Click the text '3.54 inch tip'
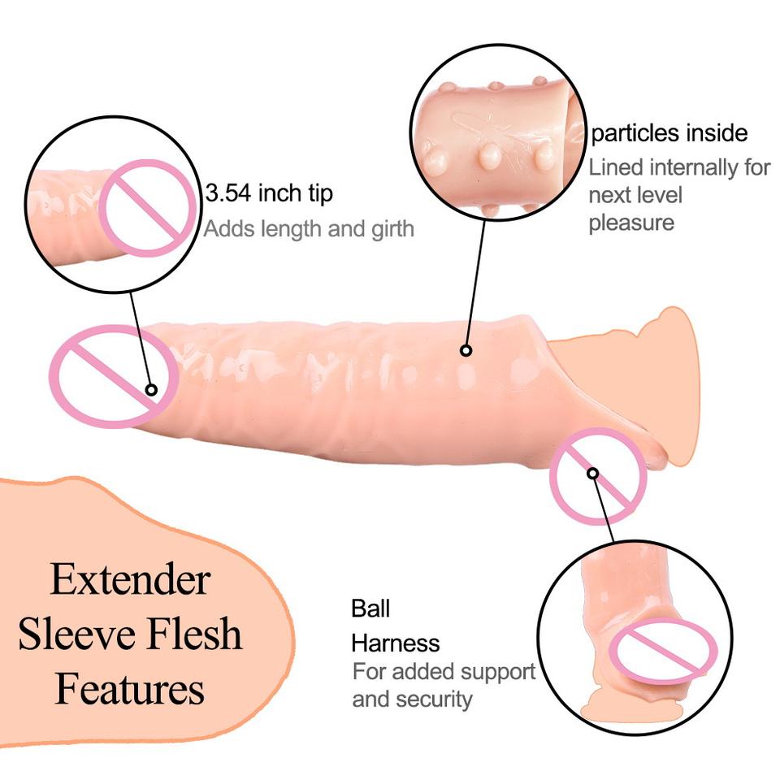[x=269, y=194]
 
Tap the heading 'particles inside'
[x=669, y=132]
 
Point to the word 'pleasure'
[x=631, y=223]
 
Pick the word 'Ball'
[x=370, y=608]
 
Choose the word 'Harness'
[x=395, y=643]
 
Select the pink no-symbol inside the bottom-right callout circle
[x=663, y=650]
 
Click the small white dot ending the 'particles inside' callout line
[x=466, y=351]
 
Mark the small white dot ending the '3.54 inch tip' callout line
[x=151, y=390]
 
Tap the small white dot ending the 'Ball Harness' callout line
[x=593, y=473]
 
